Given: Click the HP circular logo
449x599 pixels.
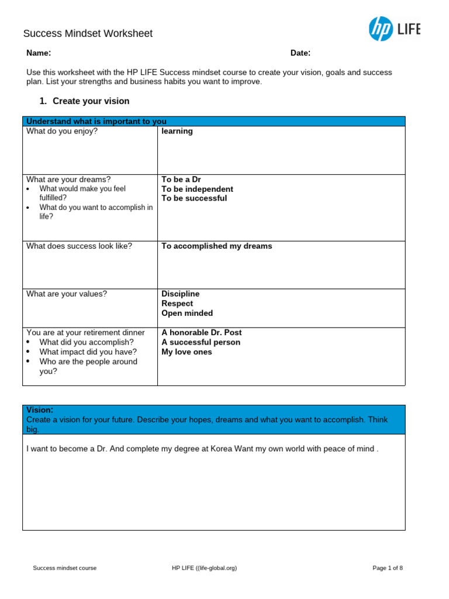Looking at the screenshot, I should pos(381,29).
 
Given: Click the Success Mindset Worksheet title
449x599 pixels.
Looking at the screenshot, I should pos(88,34).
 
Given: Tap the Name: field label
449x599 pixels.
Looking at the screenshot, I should pos(39,53).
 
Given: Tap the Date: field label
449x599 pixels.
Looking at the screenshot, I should pos(301,53).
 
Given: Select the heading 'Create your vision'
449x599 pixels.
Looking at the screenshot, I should pos(91,101).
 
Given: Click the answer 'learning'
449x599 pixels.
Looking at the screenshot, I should pos(177,132).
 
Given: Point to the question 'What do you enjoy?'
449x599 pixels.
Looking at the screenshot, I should pos(62,132).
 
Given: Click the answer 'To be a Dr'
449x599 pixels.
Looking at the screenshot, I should pos(181,180).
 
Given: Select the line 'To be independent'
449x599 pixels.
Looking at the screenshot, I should pos(197,189).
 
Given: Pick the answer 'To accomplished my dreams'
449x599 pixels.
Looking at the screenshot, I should pos(216,246).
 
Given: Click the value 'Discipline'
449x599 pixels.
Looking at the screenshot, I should pos(180,294).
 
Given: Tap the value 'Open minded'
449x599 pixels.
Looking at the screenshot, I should pos(187,313).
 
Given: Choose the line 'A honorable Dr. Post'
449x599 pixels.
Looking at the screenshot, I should pos(201,332).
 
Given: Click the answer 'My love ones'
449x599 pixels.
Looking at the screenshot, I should pos(186,352).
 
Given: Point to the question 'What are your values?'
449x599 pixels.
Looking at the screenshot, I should pos(67,294).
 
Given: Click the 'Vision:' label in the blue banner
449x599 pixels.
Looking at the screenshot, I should pos(40,410).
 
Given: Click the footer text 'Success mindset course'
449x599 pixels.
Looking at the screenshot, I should pos(65,568).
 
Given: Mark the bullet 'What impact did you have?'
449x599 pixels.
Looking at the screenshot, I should pos(88,352).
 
